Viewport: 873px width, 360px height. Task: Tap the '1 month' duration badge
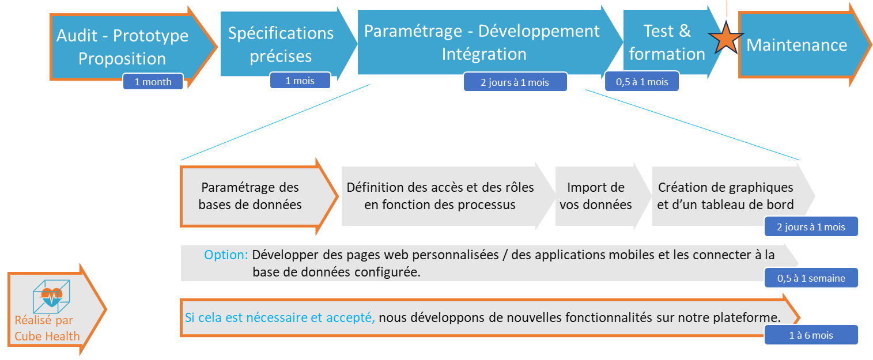[153, 82]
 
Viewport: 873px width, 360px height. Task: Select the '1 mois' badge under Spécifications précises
[300, 81]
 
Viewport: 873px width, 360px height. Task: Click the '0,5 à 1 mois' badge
[642, 82]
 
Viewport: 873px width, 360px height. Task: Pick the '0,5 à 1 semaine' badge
[811, 278]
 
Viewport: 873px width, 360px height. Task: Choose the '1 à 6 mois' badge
[811, 335]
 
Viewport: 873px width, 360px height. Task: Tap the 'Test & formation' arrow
[667, 43]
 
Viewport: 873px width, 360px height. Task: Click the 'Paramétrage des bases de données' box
[250, 196]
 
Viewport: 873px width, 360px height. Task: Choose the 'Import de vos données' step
[596, 196]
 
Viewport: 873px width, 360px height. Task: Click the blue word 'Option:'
[226, 255]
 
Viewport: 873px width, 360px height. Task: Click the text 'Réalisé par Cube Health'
[47, 328]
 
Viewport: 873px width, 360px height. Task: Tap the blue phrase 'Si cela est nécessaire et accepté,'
[279, 317]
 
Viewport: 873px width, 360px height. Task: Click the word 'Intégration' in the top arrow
[484, 54]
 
